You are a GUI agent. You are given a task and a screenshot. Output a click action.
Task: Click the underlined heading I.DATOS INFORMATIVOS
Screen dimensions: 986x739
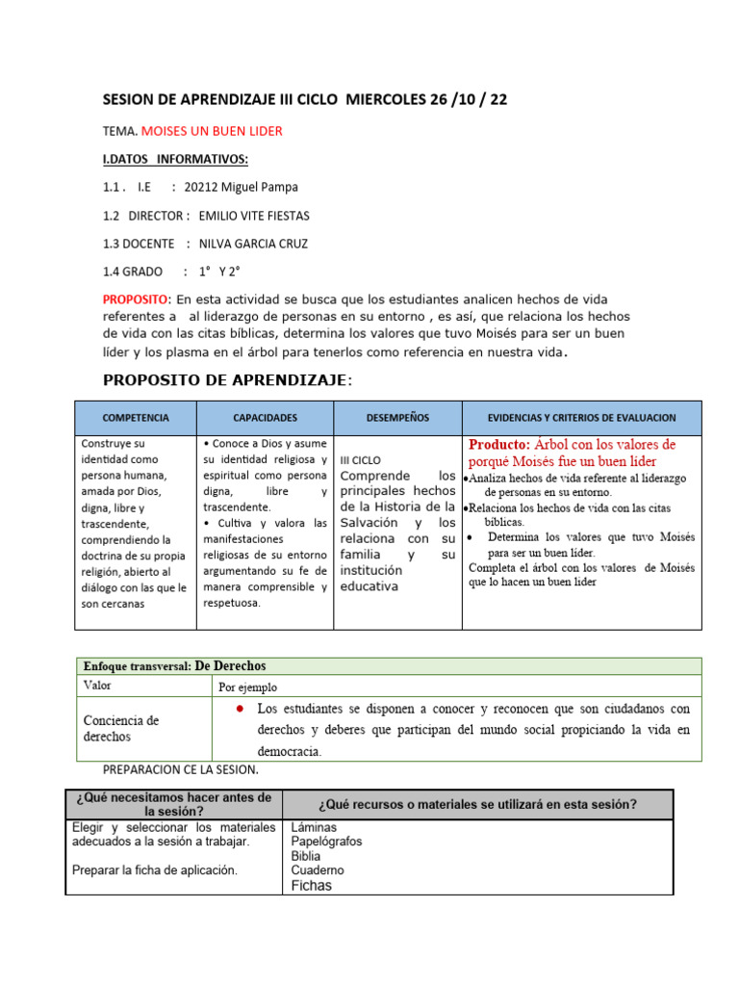(175, 159)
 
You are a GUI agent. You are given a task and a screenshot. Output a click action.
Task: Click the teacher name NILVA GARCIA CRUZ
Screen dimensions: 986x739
(253, 244)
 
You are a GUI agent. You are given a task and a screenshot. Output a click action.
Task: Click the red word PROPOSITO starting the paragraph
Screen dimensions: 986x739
(136, 299)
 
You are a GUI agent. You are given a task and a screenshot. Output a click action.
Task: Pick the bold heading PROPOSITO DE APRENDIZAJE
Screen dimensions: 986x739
(227, 380)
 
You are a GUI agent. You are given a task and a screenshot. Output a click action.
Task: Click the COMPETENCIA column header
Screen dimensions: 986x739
(136, 418)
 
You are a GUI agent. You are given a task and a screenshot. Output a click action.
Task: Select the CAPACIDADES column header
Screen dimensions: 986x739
(265, 418)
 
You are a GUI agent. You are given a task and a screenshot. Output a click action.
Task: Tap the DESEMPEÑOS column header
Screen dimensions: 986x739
(397, 418)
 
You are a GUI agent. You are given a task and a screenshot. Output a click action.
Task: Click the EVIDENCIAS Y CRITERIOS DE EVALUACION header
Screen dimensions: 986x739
(581, 418)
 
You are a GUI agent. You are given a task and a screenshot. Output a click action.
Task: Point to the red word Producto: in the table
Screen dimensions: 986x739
(499, 445)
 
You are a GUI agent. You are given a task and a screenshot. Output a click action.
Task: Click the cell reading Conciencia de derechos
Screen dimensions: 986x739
(121, 728)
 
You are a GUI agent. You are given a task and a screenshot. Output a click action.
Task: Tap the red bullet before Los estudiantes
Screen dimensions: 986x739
(238, 709)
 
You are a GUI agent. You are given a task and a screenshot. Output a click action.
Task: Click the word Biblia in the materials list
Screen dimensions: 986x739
(306, 855)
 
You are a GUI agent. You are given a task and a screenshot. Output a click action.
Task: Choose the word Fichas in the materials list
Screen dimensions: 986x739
(311, 885)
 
